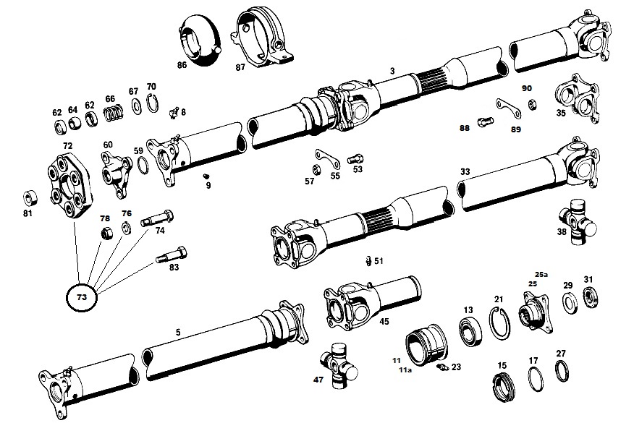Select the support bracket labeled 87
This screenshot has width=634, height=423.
261,36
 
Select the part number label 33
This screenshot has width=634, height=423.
465,171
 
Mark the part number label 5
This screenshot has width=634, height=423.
177,332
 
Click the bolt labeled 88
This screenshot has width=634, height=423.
486,121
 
